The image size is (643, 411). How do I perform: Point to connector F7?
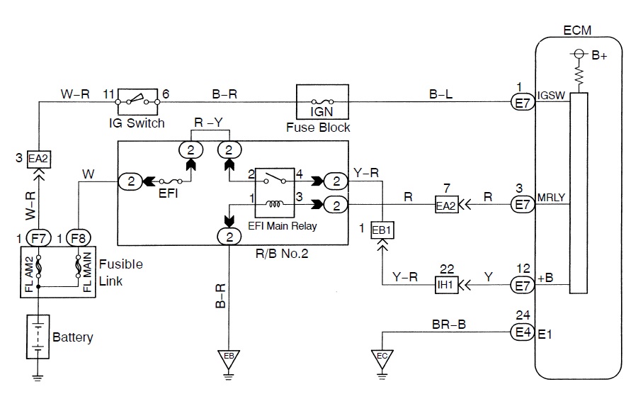click(37, 238)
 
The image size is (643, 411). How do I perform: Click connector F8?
click(79, 238)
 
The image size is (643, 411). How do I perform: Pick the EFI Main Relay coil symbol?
click(273, 204)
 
